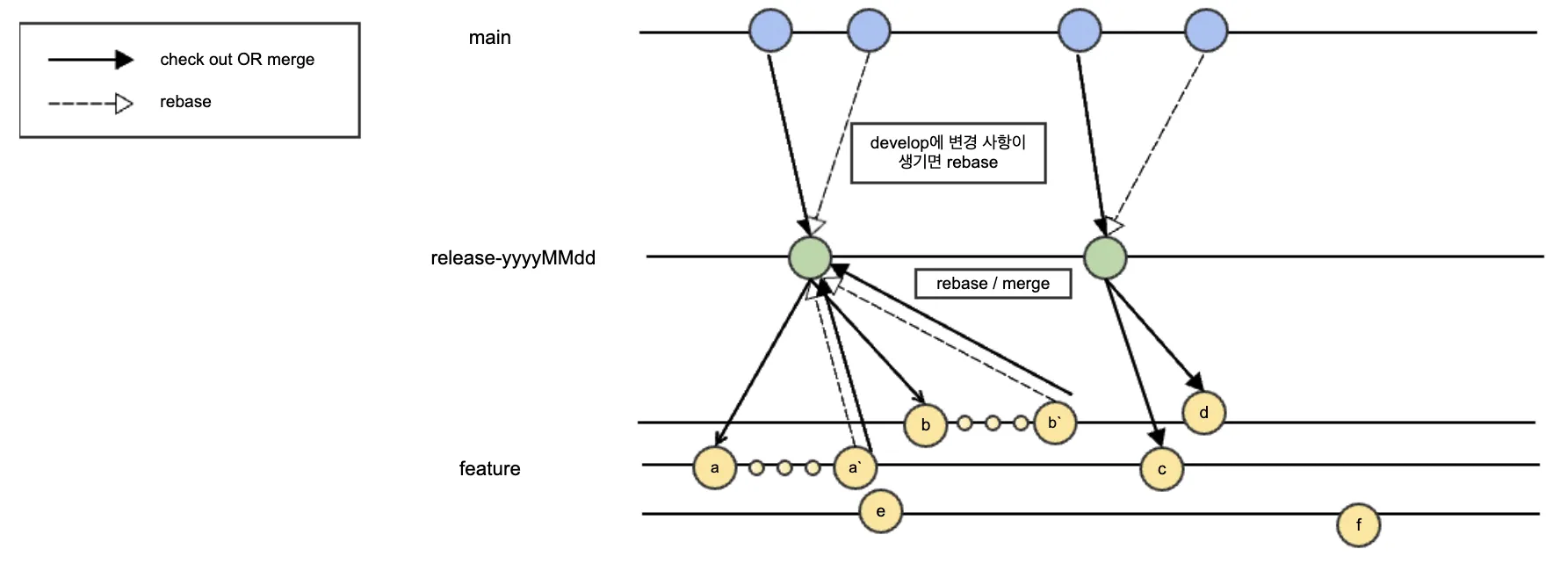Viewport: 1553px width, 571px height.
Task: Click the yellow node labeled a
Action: (714, 467)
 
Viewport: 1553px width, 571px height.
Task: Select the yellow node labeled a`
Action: (855, 467)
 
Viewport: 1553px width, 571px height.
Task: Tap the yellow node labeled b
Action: (925, 424)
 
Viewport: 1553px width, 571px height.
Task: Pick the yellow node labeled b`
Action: (1054, 423)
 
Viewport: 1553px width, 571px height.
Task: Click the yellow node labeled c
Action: (1161, 469)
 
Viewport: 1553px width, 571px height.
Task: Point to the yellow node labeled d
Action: (1203, 413)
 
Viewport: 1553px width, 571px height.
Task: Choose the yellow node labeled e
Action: (880, 511)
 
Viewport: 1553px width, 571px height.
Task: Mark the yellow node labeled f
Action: (1358, 525)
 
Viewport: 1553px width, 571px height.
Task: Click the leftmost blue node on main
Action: (770, 31)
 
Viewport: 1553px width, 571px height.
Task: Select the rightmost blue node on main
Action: (1206, 31)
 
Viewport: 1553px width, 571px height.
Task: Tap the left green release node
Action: (810, 257)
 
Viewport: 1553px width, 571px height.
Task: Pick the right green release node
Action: (1105, 257)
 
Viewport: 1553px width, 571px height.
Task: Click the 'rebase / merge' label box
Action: (993, 284)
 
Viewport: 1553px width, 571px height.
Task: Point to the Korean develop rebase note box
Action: (948, 153)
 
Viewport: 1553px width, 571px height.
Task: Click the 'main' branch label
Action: (489, 38)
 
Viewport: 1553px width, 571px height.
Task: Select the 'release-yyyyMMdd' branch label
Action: (513, 258)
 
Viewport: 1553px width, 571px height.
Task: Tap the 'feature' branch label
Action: (489, 469)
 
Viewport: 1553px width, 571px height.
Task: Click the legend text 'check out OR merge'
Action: (237, 60)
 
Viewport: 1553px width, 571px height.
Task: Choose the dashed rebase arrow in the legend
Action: (90, 104)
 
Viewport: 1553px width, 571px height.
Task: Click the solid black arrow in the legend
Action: (90, 60)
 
